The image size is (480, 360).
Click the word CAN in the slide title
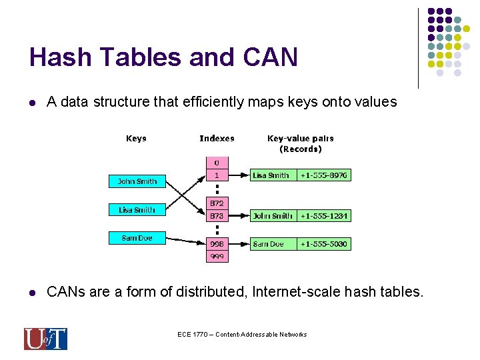[x=271, y=57]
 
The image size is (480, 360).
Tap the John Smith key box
[x=137, y=181]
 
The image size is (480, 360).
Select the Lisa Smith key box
[x=137, y=210]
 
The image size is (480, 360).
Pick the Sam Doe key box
[x=137, y=238]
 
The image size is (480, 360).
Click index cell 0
[x=217, y=163]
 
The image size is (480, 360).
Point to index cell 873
[x=217, y=216]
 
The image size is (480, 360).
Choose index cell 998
[x=217, y=244]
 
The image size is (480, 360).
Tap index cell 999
[x=217, y=257]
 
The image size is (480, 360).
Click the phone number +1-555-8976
[x=323, y=175]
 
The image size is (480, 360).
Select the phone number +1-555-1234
[x=324, y=216]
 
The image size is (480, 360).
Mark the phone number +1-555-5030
[x=323, y=244]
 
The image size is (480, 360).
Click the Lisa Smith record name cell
[x=272, y=175]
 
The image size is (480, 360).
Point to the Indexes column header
[x=217, y=139]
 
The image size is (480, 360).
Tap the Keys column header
[x=136, y=139]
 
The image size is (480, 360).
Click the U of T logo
[x=45, y=339]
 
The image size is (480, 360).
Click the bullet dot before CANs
[x=32, y=293]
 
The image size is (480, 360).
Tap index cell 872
[x=217, y=203]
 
